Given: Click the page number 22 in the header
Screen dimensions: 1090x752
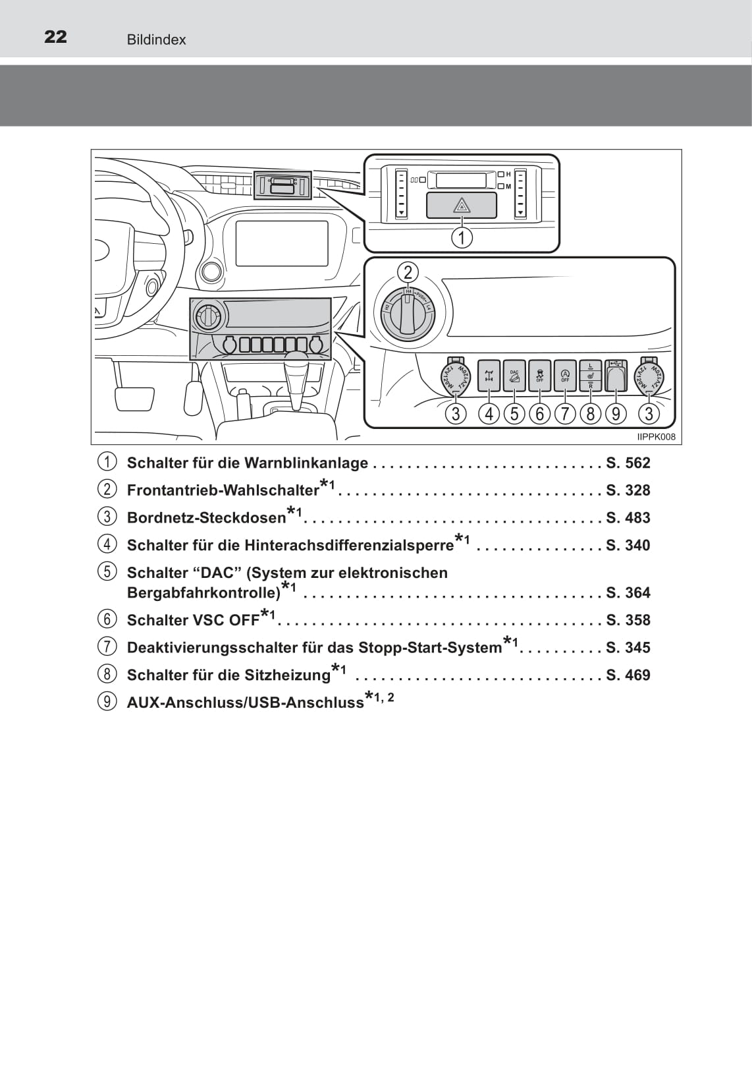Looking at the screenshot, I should (x=55, y=37).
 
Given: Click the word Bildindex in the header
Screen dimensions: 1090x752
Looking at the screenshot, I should (x=156, y=40).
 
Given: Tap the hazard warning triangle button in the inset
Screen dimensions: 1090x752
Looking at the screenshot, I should (x=461, y=206).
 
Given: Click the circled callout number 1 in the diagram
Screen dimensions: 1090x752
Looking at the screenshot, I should (x=462, y=237).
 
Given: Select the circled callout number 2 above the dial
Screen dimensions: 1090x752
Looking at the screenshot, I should (x=408, y=272).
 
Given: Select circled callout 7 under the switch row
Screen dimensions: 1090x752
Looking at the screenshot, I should (x=565, y=414).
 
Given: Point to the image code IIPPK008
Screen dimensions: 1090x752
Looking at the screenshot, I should (x=656, y=437).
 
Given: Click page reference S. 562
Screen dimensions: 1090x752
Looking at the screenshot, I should (x=628, y=463).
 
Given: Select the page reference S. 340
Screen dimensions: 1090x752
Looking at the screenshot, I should (x=628, y=545).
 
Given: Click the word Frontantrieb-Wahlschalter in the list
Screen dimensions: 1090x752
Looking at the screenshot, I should (x=223, y=490).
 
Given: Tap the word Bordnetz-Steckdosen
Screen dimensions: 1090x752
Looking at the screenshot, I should (x=206, y=518).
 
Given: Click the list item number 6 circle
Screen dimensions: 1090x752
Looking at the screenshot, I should (x=107, y=619).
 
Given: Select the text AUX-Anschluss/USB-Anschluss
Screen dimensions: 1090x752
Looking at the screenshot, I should (x=245, y=703).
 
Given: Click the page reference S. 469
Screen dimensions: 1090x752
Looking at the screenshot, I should (x=628, y=675).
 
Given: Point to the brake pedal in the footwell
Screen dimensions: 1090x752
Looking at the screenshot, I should (x=134, y=398).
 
